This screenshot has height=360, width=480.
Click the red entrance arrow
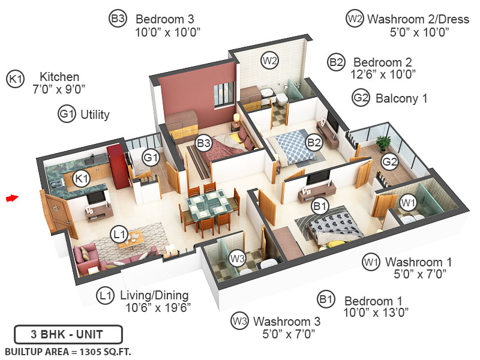point(12,197)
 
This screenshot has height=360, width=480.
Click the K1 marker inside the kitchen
point(81,178)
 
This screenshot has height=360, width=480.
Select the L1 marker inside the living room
point(119,233)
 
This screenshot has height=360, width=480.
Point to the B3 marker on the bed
point(204,143)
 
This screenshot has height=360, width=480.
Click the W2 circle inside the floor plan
point(269,60)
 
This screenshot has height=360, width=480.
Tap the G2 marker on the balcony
point(390,161)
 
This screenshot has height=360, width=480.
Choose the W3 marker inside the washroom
point(238,259)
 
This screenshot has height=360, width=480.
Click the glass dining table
point(208,206)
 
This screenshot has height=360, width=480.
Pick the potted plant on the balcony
point(383,143)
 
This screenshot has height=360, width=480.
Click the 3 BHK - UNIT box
point(68,334)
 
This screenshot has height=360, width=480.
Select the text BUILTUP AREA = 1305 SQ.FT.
point(68,350)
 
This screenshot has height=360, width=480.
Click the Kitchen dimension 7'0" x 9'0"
point(59,89)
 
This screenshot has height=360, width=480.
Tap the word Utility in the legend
point(95,114)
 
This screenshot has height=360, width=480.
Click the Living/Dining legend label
point(154,295)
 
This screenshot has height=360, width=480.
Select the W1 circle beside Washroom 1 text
point(371,262)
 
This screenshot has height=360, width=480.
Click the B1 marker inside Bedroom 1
point(320,206)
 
